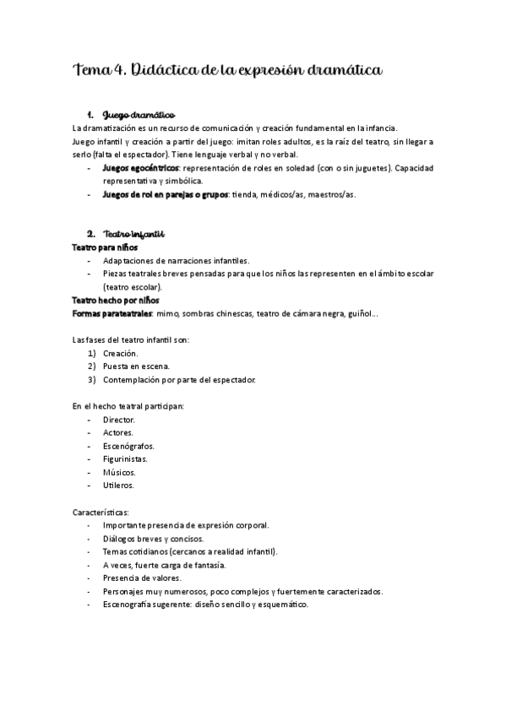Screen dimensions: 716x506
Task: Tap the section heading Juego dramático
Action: click(x=139, y=115)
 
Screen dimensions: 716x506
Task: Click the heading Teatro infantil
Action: click(x=133, y=234)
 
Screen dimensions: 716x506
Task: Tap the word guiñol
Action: click(x=358, y=314)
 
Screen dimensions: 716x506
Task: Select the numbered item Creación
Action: click(x=120, y=353)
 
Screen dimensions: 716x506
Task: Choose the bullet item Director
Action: click(x=118, y=419)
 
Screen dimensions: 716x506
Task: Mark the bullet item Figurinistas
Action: click(x=125, y=458)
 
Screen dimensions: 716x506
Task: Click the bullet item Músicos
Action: click(x=119, y=472)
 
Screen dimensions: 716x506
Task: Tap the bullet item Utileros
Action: click(x=118, y=485)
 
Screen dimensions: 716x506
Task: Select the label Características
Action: click(x=101, y=512)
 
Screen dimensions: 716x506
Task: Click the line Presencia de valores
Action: click(x=142, y=578)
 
